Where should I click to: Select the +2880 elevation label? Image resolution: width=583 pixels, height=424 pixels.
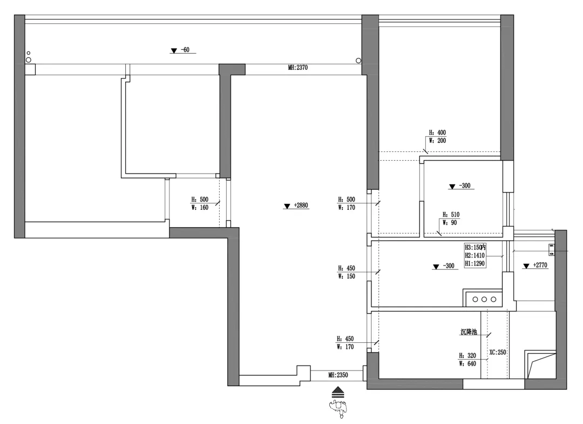click(300, 206)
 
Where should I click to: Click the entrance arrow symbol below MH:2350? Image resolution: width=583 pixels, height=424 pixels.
click(338, 392)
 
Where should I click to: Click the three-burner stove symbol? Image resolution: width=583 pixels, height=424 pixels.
click(484, 299)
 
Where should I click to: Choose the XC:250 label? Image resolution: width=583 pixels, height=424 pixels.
click(497, 352)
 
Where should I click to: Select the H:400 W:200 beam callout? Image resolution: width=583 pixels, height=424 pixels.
click(437, 136)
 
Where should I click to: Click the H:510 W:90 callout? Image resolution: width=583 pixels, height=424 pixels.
click(451, 218)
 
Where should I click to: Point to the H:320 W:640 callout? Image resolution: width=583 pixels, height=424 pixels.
click(467, 360)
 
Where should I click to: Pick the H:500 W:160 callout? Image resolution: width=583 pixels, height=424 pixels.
click(200, 203)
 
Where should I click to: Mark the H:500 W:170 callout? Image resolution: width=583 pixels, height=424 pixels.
click(347, 203)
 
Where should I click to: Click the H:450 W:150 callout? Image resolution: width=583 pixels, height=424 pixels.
click(347, 272)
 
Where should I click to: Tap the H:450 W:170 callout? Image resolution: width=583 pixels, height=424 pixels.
click(346, 343)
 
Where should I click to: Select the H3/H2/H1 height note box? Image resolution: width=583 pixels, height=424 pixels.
click(476, 255)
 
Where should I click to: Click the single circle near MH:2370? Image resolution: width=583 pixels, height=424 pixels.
click(358, 61)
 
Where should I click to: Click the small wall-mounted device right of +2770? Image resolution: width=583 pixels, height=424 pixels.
click(552, 249)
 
